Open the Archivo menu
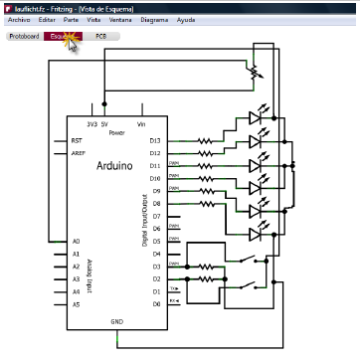click(18, 19)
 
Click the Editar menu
click(47, 19)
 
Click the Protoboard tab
click(24, 36)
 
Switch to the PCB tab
click(101, 36)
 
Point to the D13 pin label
click(155, 140)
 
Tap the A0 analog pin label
click(77, 241)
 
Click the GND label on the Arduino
click(117, 320)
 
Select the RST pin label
click(78, 140)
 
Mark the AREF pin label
click(79, 153)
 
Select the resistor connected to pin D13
click(205, 140)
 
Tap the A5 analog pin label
click(77, 303)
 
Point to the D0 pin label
click(155, 303)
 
